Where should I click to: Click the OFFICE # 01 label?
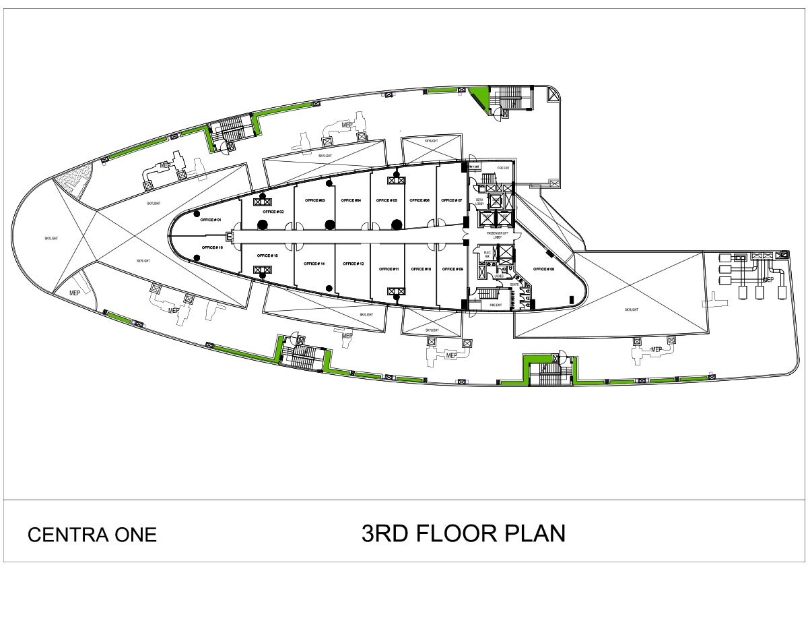tap(211, 220)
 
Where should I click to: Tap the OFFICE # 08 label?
tap(544, 269)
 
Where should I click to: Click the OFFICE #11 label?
tap(389, 269)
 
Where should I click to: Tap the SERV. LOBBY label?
tap(480, 202)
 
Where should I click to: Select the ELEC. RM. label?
tap(487, 254)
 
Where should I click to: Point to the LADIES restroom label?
tap(499, 276)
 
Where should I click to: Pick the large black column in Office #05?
tap(397, 225)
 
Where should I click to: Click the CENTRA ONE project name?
tap(92, 535)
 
